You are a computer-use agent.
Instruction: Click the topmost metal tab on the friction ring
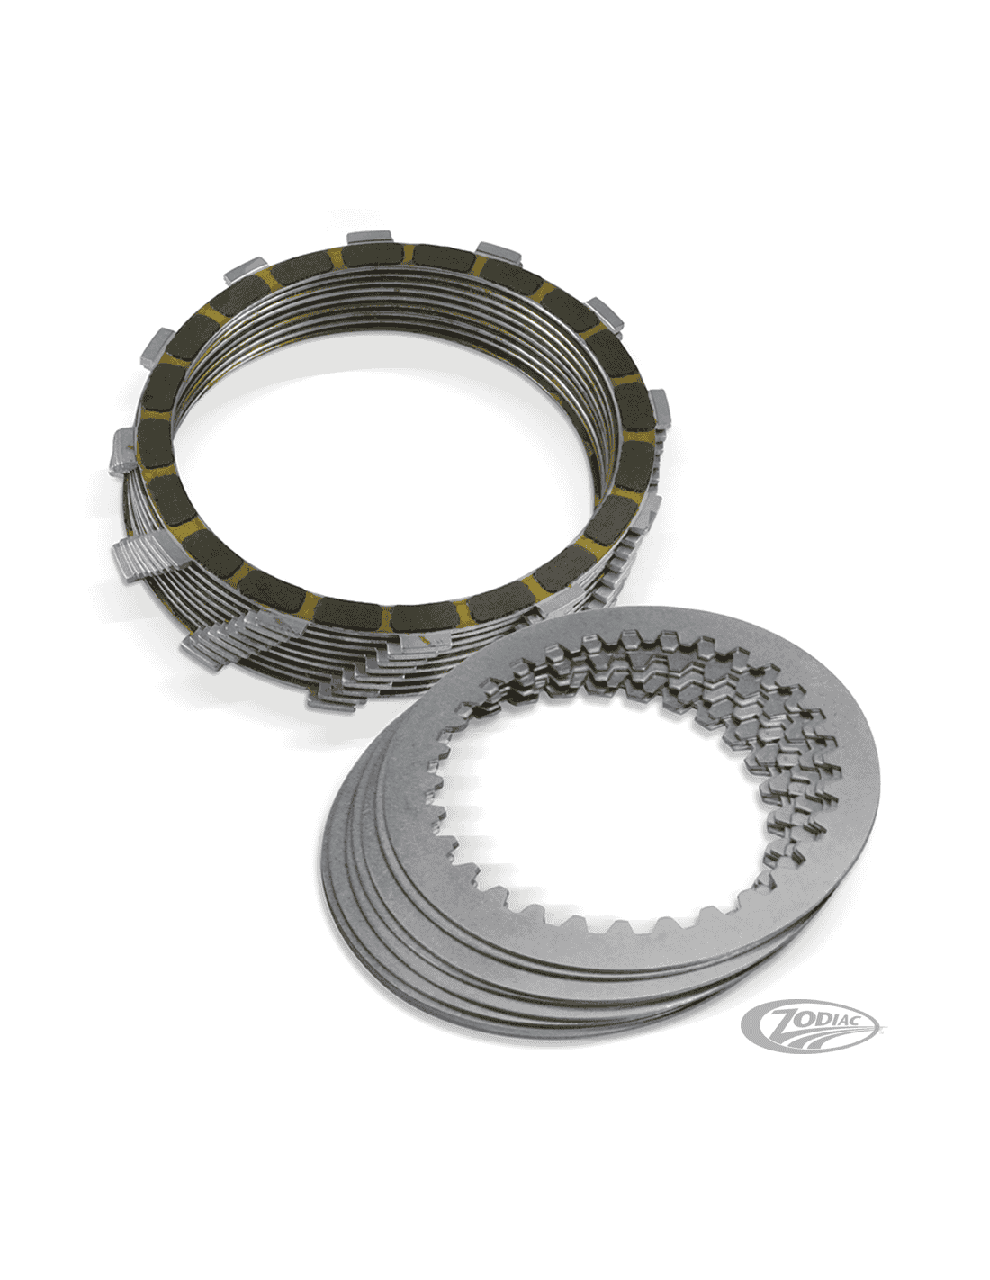coord(369,237)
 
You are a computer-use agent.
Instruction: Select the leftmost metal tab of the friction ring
coord(123,451)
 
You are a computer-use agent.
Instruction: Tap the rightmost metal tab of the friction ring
coord(661,408)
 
